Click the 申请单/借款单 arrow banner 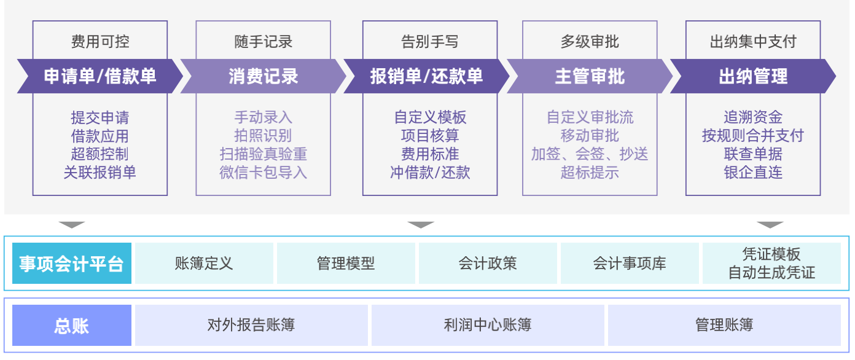[x=100, y=76]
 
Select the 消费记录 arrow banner [x=263, y=76]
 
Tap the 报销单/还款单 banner [x=426, y=76]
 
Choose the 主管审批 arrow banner [x=590, y=76]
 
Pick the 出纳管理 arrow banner [x=753, y=76]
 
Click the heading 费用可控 [x=100, y=42]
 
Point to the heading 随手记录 [x=263, y=42]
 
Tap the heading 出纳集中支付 [x=753, y=42]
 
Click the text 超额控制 [x=100, y=154]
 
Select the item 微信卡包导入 [x=263, y=173]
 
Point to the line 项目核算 [x=430, y=136]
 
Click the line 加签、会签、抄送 [x=590, y=154]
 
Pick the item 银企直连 [x=753, y=173]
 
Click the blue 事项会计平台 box [x=72, y=264]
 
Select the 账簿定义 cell [x=204, y=264]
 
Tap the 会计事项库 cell [x=630, y=264]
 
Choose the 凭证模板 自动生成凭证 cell [x=771, y=264]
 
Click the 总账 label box [x=72, y=326]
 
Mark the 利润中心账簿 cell [x=488, y=326]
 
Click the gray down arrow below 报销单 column [x=421, y=225]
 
